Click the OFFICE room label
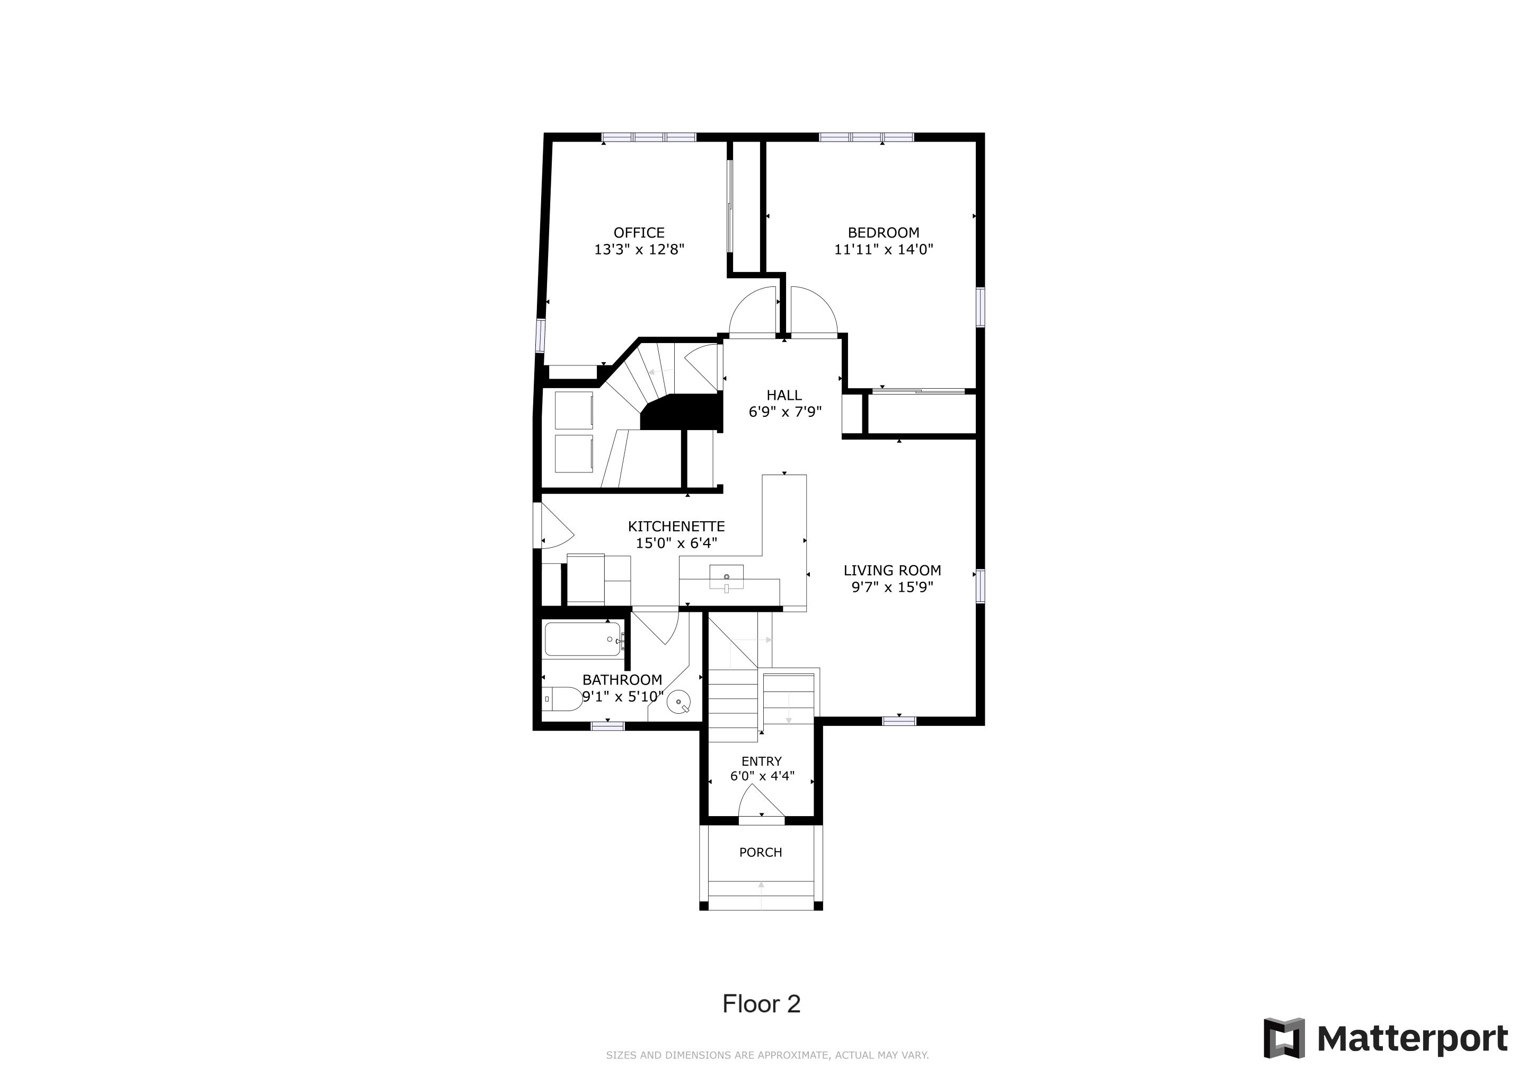click(x=639, y=233)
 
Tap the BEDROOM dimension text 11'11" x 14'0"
click(x=883, y=249)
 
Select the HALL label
click(x=784, y=395)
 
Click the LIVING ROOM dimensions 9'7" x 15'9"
click(x=892, y=587)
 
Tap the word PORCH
click(x=760, y=853)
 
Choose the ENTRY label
click(x=762, y=761)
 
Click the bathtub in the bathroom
click(x=584, y=640)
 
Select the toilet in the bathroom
click(x=562, y=699)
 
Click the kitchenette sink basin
click(x=726, y=576)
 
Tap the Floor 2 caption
click(x=762, y=1004)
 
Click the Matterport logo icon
click(x=1284, y=1038)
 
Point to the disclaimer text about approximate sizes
click(x=767, y=1055)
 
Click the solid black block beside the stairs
click(x=681, y=412)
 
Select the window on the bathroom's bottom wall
click(x=608, y=725)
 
